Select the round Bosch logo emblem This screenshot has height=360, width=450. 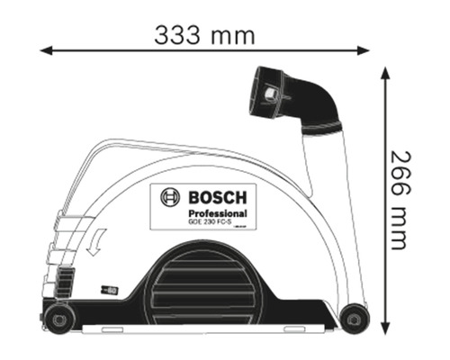(171, 198)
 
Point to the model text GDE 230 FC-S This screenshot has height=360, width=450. (210, 222)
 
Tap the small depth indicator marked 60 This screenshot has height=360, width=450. (112, 290)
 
